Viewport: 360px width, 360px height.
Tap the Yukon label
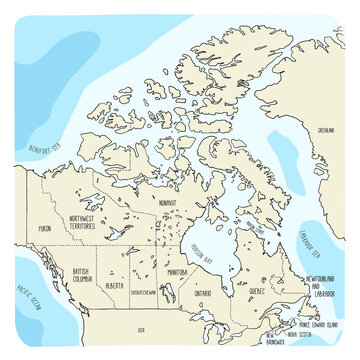pyautogui.click(x=44, y=229)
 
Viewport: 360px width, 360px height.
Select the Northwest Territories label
pyautogui.click(x=87, y=226)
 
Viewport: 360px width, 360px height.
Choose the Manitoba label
pyautogui.click(x=178, y=271)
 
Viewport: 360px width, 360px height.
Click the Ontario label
pyautogui.click(x=203, y=294)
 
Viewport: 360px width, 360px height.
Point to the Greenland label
pyautogui.click(x=325, y=130)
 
